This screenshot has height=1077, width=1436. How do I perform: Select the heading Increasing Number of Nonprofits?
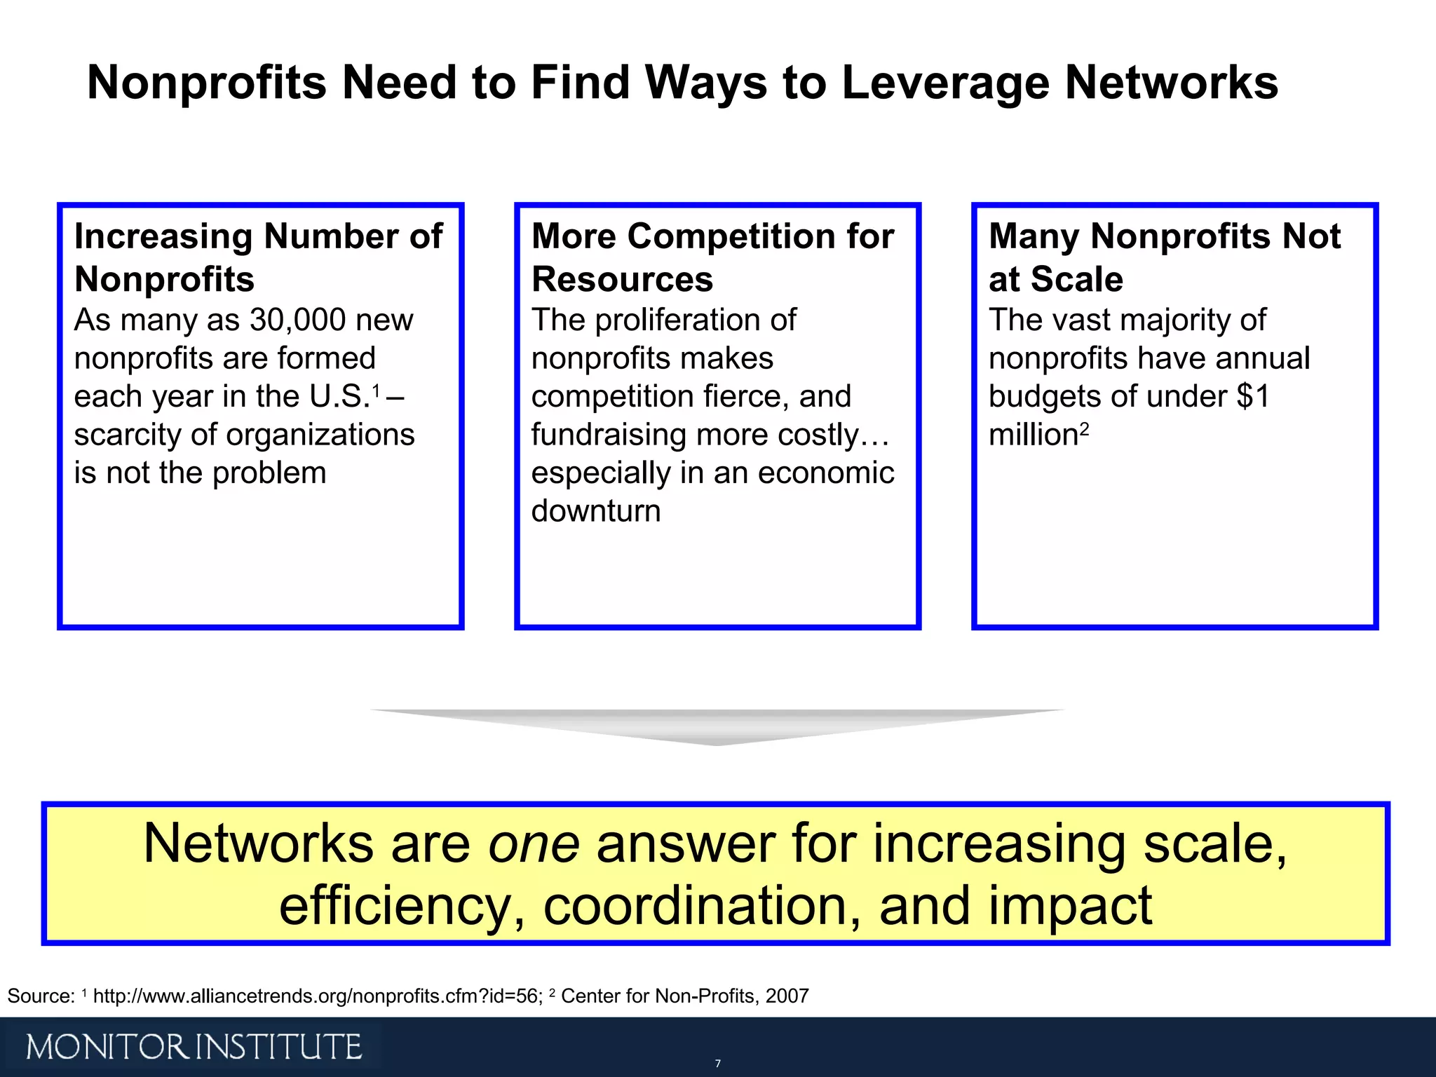258,257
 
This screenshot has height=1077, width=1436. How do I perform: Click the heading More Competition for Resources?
712,257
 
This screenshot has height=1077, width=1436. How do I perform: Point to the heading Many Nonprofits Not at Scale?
1164,257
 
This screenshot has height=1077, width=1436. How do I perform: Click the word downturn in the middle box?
596,511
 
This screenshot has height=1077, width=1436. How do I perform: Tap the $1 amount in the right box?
1253,397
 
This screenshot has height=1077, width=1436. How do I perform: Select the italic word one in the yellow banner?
534,844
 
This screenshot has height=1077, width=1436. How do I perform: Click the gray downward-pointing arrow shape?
717,726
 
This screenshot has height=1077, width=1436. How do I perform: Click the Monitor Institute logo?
194,1047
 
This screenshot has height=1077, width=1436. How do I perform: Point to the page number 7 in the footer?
717,1064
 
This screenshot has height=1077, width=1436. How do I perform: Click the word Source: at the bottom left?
41,996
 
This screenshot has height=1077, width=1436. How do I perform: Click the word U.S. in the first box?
339,397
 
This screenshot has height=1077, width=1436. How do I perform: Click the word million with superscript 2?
1034,435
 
